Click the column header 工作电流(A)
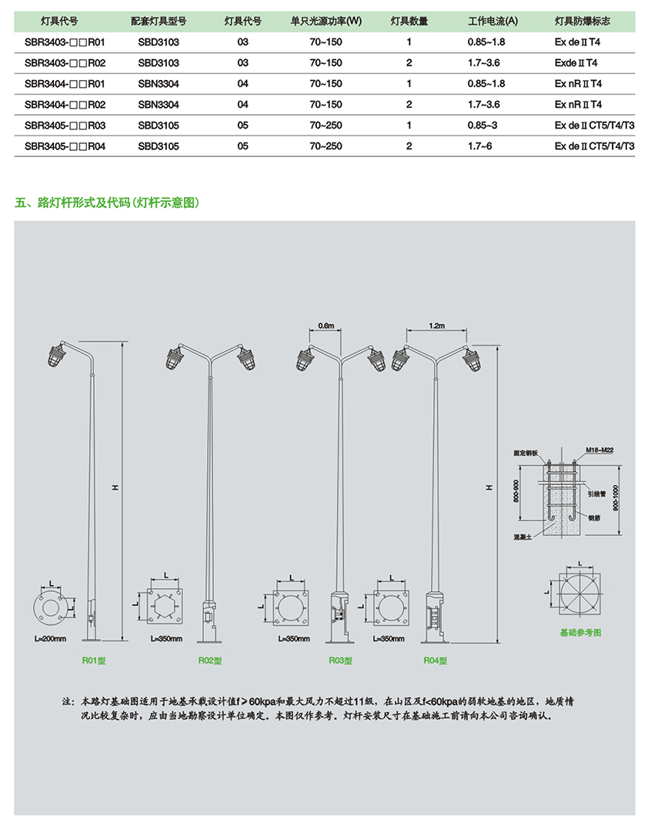pos(492,22)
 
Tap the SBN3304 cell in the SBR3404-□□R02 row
pos(159,104)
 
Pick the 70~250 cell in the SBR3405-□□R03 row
pos(325,125)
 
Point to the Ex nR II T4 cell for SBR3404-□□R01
pos(578,83)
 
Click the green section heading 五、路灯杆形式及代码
pos(108,203)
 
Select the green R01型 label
pos(93,660)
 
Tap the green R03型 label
pos(340,660)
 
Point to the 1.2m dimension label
pos(436,326)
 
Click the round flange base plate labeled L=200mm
pos(52,607)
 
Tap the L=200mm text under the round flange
pos(51,639)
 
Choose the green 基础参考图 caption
pos(580,632)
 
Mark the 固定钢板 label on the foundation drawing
pos(526,453)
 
